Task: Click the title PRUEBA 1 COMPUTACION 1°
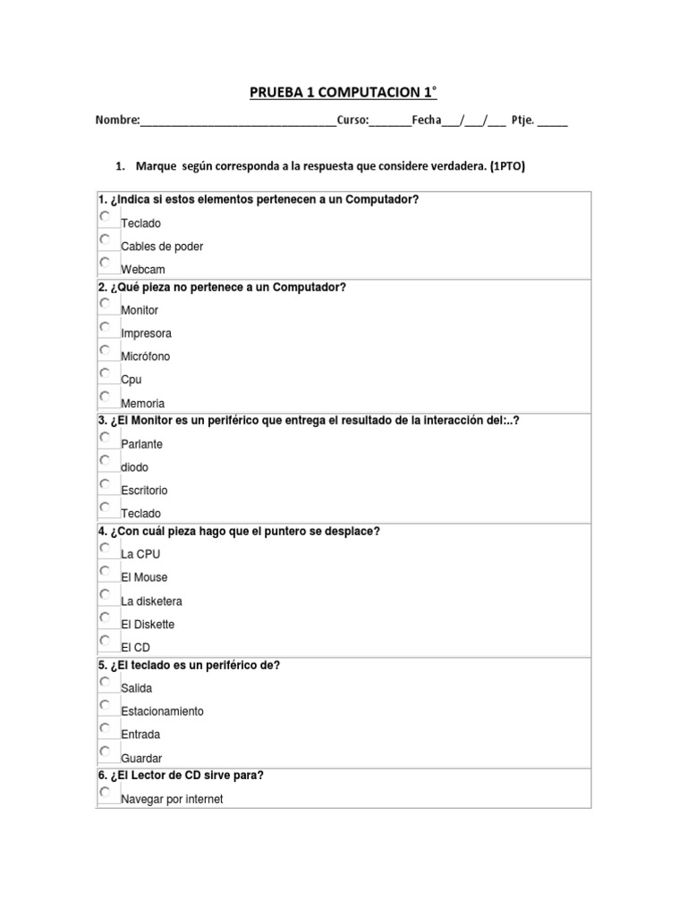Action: pos(343,93)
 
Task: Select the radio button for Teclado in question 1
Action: pos(106,217)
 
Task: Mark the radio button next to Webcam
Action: pos(106,263)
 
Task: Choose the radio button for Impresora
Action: pos(106,327)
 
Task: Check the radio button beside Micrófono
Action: pos(106,350)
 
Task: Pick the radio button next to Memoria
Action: pos(106,396)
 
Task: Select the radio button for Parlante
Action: pos(106,438)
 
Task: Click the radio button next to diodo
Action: pos(106,460)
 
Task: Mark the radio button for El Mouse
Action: pos(106,571)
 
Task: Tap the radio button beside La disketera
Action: pos(106,594)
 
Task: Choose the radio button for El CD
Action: pos(106,640)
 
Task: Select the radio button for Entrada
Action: pos(106,728)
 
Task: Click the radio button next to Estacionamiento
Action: pos(106,705)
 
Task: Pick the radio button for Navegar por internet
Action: pos(106,793)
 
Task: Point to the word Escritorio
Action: pos(144,491)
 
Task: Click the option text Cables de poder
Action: pos(162,247)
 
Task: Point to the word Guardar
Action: pos(141,759)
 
